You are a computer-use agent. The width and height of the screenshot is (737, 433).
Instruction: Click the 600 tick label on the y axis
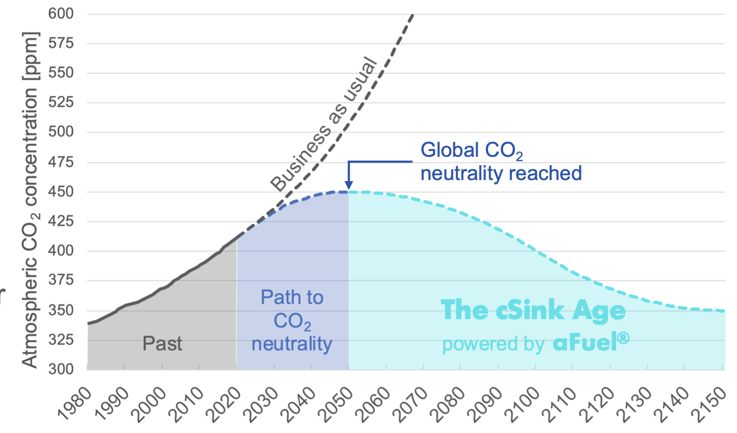(x=61, y=14)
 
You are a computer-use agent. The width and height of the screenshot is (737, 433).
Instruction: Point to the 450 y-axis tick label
(x=61, y=192)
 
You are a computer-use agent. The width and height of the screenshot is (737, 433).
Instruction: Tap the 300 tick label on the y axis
(x=61, y=369)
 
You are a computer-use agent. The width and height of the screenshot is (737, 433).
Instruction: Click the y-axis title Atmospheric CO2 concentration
(x=30, y=199)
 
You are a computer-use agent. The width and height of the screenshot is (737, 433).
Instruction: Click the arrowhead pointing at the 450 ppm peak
(x=348, y=186)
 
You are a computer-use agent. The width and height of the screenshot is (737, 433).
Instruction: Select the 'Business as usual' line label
(x=324, y=125)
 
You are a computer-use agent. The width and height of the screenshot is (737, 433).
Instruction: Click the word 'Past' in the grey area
(x=162, y=344)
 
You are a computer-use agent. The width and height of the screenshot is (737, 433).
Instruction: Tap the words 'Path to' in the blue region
(x=292, y=297)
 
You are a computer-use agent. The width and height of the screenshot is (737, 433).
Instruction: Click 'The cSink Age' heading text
(x=533, y=310)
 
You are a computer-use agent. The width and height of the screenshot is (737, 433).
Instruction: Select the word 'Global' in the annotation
(x=449, y=150)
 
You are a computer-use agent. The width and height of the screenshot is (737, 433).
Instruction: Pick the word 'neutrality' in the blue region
(x=292, y=344)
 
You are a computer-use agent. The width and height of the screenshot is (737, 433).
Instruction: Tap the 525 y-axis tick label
(x=61, y=102)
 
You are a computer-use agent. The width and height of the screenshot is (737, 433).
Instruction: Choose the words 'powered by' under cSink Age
(x=493, y=344)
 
